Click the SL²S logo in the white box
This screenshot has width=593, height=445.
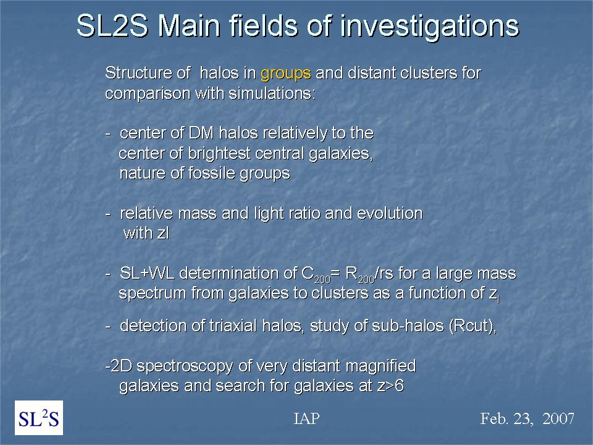(39, 418)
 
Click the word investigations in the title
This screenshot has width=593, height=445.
(430, 27)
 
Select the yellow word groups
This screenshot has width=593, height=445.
(286, 74)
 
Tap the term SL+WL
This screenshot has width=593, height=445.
(147, 273)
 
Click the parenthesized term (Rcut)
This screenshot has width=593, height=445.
(473, 326)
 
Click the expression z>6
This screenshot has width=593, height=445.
(390, 386)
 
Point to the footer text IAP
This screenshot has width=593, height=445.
(307, 418)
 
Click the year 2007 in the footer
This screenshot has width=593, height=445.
(558, 418)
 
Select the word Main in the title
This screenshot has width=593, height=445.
(188, 27)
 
